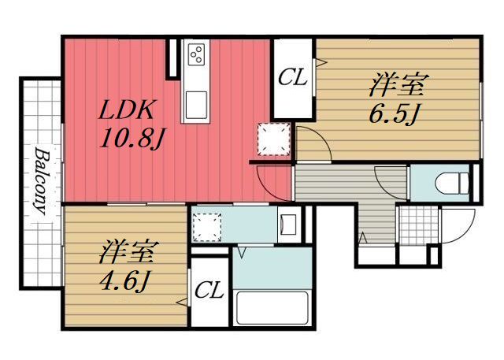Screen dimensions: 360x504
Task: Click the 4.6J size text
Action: click(x=125, y=278)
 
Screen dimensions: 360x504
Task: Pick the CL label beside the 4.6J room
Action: click(x=209, y=291)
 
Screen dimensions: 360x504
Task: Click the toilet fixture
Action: click(x=450, y=182)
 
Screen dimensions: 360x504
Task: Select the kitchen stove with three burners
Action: click(x=196, y=55)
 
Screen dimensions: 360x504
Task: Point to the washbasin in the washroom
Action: click(x=287, y=224)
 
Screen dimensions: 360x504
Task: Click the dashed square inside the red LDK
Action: click(x=275, y=141)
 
